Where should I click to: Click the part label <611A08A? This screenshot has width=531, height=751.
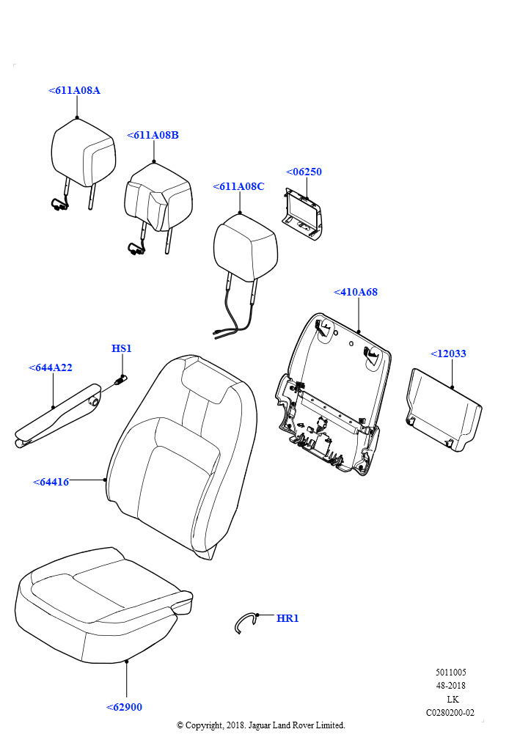coord(74,90)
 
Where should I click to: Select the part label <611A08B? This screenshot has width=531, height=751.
coord(153,135)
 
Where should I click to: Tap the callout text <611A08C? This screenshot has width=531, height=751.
coord(238,186)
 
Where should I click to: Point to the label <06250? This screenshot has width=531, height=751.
coord(304,172)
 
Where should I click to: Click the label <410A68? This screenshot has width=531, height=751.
coord(356,292)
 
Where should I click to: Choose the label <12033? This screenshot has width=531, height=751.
coord(448,353)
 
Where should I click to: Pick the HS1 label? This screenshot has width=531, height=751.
coord(122,348)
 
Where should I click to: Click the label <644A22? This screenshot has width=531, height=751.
coord(51,367)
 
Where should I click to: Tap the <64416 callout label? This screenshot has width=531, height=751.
coord(51,482)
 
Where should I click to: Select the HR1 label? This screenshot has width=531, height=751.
coord(288,618)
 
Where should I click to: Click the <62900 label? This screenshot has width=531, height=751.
coord(125,707)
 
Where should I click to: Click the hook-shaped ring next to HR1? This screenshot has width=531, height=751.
coord(245,622)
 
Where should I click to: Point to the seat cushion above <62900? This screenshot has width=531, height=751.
coord(99,601)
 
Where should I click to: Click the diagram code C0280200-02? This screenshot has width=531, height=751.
coord(450,712)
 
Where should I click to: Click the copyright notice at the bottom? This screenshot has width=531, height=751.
coord(260,725)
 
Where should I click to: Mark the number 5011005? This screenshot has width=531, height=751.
coord(450,673)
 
